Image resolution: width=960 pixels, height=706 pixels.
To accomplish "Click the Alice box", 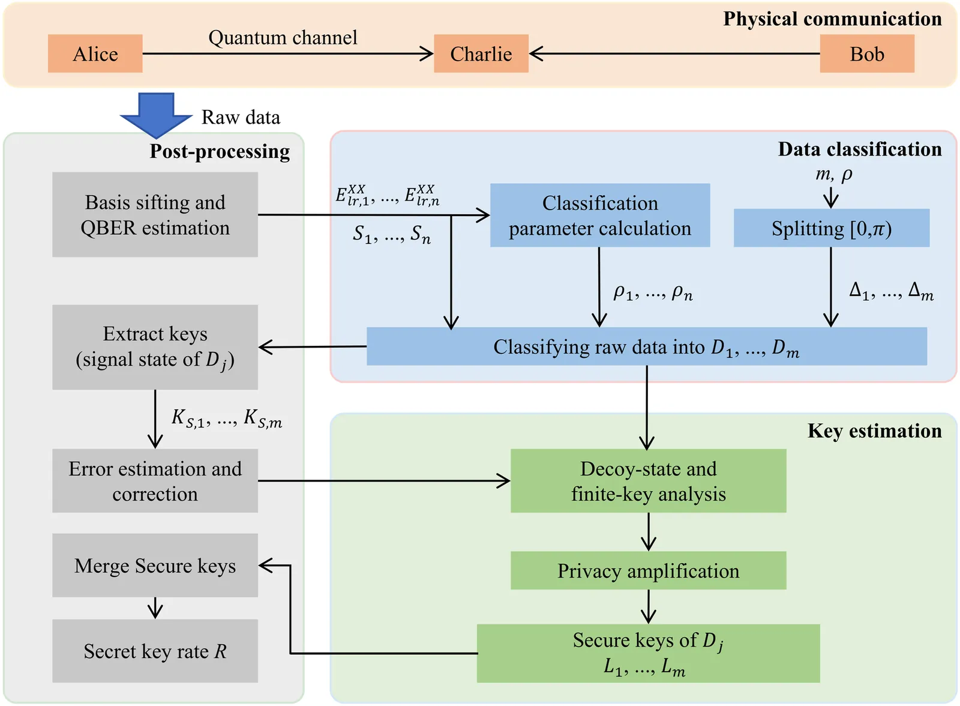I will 95,54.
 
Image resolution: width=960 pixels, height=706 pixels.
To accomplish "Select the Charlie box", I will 481,54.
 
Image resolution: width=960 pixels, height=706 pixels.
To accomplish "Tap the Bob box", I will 867,54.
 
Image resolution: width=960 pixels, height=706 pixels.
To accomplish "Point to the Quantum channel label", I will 283,38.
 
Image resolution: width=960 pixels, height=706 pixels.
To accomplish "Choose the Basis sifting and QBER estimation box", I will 155,215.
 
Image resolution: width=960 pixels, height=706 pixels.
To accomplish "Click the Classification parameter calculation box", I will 600,216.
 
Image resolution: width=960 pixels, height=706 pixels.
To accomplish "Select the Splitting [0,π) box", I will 831,228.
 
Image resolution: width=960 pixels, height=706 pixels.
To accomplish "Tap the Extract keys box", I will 155,347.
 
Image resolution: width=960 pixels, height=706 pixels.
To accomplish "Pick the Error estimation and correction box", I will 155,481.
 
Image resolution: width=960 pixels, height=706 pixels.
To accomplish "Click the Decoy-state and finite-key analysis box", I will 648,481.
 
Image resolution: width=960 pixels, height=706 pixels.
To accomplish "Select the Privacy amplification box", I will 648,570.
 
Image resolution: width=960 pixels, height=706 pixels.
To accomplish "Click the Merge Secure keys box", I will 155,566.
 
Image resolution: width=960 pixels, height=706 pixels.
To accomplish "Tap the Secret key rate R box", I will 155,651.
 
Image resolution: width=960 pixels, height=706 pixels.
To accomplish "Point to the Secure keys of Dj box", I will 648,653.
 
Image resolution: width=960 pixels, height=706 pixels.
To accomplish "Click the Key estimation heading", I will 874,431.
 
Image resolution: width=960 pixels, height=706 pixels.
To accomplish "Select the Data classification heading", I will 859,149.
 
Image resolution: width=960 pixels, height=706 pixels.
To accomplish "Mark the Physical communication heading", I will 832,19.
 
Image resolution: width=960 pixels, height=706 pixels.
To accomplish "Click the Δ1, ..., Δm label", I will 891,291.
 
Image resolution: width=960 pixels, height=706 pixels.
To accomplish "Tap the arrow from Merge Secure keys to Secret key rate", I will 155,608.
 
